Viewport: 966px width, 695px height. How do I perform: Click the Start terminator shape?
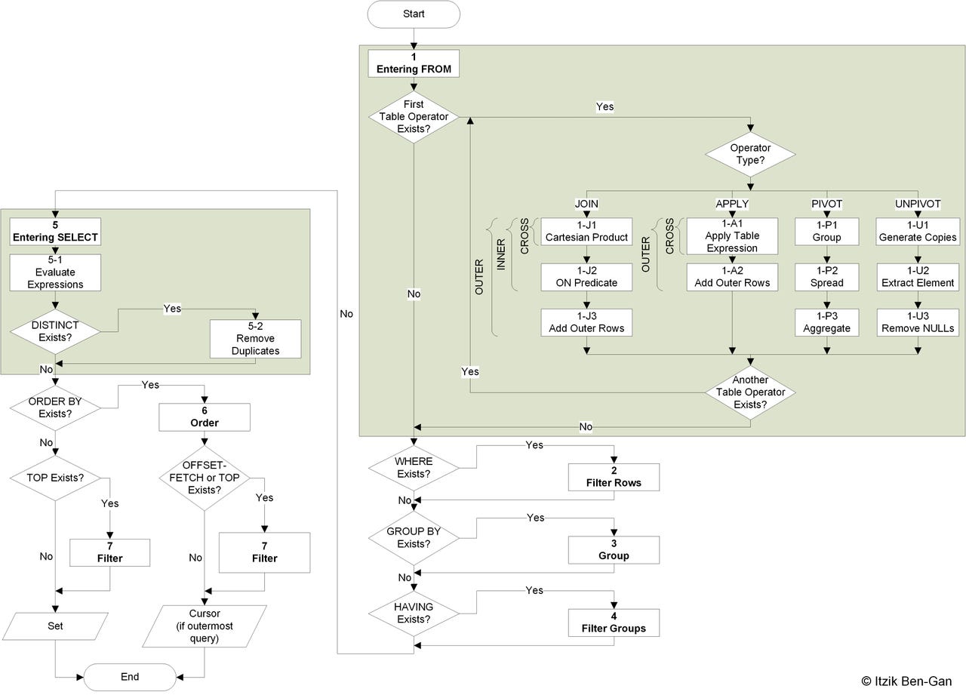coord(414,14)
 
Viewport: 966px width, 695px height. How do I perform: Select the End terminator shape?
coord(130,677)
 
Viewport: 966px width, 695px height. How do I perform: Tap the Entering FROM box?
coord(414,63)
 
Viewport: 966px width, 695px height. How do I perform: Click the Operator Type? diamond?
coord(750,154)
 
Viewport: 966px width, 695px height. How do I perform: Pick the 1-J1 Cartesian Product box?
coord(586,232)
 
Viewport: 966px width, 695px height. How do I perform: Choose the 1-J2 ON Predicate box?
coord(586,277)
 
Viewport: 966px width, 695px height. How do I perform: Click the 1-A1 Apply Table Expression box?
coord(732,236)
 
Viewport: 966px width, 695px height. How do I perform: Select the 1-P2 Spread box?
coord(827,277)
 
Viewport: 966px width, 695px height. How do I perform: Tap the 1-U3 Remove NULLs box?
coord(918,322)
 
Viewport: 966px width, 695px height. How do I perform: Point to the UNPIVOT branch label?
coord(918,204)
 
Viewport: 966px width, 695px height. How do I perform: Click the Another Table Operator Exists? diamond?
coord(750,392)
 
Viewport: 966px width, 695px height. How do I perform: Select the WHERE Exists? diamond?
coord(414,468)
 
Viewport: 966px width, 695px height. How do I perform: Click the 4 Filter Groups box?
coord(614,623)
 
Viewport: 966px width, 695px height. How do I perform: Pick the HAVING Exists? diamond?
coord(414,614)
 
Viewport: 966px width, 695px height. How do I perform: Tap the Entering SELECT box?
coord(55,232)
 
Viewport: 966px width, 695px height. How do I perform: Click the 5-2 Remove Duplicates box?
coord(255,339)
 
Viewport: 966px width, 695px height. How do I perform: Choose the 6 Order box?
coord(205,417)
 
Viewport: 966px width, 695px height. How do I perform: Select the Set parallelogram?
coord(55,626)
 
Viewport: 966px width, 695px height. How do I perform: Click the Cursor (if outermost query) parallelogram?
coord(205,626)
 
